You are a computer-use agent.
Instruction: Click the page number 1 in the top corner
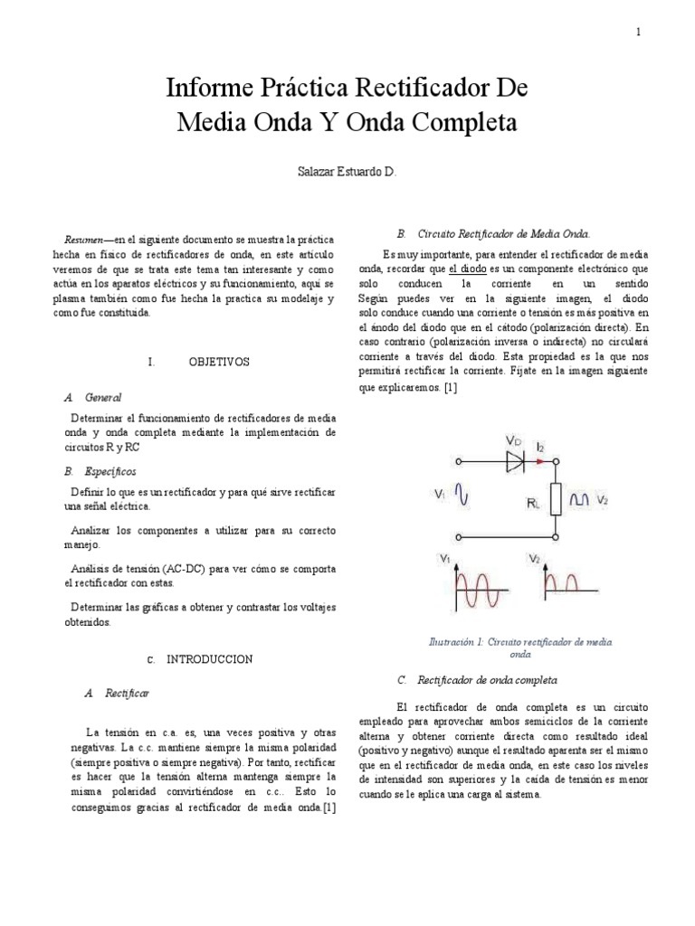(x=638, y=32)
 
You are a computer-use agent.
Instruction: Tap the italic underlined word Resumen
(x=81, y=239)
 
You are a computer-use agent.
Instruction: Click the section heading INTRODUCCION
(x=208, y=658)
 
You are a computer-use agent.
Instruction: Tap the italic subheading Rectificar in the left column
(x=127, y=693)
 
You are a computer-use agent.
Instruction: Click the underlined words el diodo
(x=468, y=269)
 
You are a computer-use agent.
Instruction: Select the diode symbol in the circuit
(x=516, y=461)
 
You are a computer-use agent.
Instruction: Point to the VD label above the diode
(x=513, y=440)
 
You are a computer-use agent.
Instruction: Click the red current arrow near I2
(x=540, y=461)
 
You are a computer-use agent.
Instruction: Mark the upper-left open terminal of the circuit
(x=458, y=461)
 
